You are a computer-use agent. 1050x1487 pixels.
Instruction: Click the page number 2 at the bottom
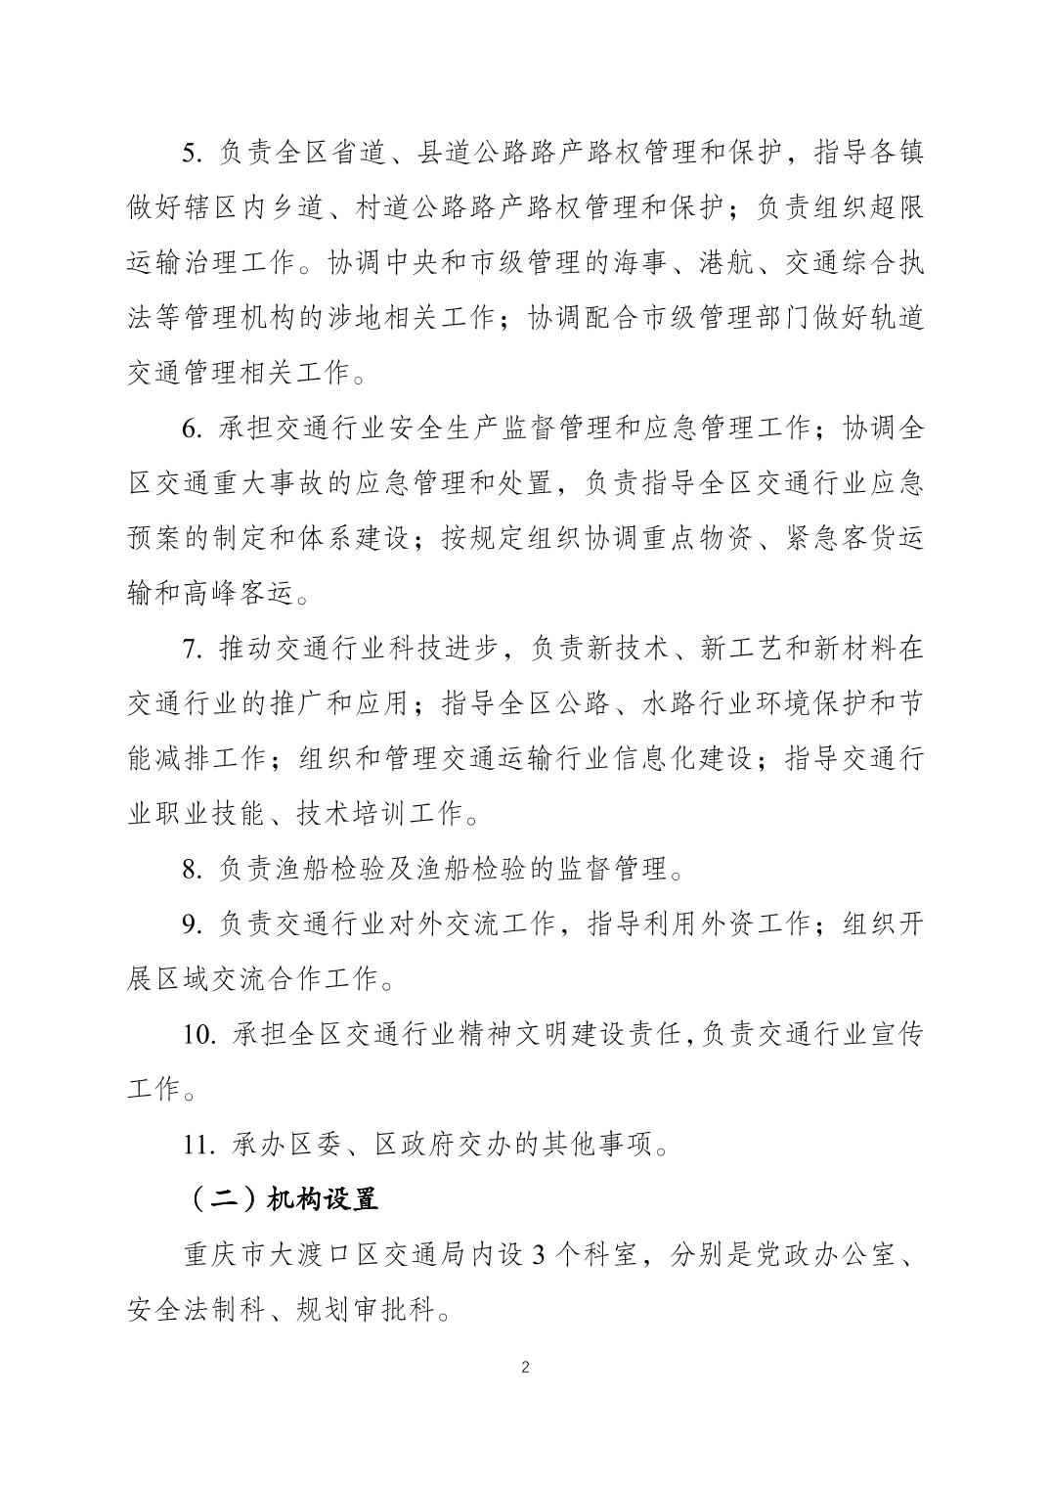(526, 1367)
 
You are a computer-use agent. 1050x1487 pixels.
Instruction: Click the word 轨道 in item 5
(897, 318)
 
